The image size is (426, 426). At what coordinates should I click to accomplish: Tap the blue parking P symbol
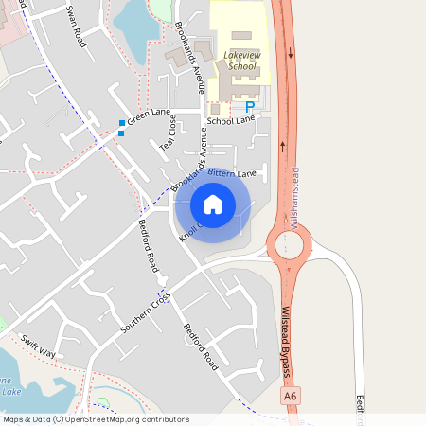(x=250, y=108)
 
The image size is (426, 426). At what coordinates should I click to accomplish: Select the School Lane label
(x=231, y=121)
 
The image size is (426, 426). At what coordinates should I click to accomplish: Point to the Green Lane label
(x=148, y=117)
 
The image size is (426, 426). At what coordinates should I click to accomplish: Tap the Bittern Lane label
(x=233, y=174)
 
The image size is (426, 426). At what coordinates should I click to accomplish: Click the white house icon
(x=213, y=204)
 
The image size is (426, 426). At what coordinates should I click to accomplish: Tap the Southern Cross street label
(x=146, y=312)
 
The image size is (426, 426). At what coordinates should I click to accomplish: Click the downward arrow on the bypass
(x=291, y=52)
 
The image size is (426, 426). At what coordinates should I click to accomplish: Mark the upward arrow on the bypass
(x=283, y=147)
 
